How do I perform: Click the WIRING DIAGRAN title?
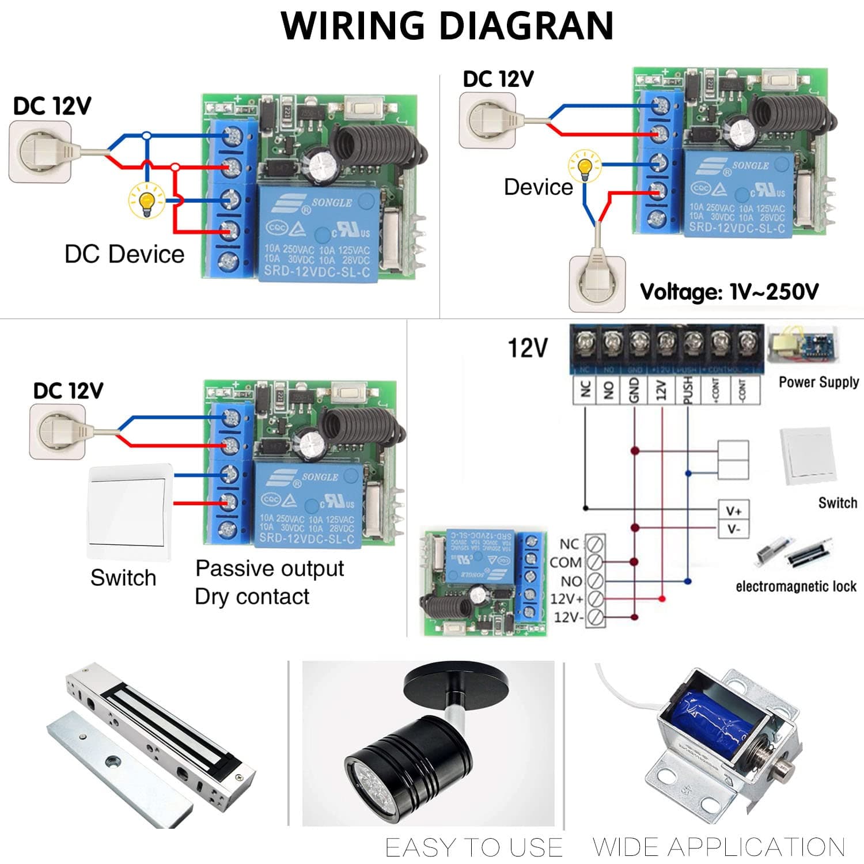pyautogui.click(x=447, y=26)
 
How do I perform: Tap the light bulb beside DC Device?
pyautogui.click(x=146, y=200)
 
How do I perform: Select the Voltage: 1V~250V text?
pyautogui.click(x=729, y=292)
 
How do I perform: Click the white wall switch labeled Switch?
pyautogui.click(x=130, y=512)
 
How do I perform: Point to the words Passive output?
pyautogui.click(x=270, y=569)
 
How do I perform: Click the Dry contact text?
pyautogui.click(x=252, y=597)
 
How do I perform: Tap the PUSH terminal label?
pyautogui.click(x=687, y=390)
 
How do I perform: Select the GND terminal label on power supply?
pyautogui.click(x=634, y=390)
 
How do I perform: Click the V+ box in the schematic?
pyautogui.click(x=733, y=511)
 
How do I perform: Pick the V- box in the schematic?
pyautogui.click(x=733, y=529)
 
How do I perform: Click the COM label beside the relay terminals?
pyautogui.click(x=566, y=562)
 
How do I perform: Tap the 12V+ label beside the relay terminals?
pyautogui.click(x=567, y=599)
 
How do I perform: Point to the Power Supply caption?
pyautogui.click(x=818, y=382)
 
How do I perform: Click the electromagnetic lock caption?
pyautogui.click(x=795, y=586)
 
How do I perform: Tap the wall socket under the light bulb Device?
pyautogui.click(x=597, y=283)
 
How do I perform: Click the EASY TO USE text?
pyautogui.click(x=473, y=847)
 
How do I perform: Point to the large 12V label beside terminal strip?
pyautogui.click(x=527, y=348)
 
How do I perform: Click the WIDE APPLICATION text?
pyautogui.click(x=718, y=847)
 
